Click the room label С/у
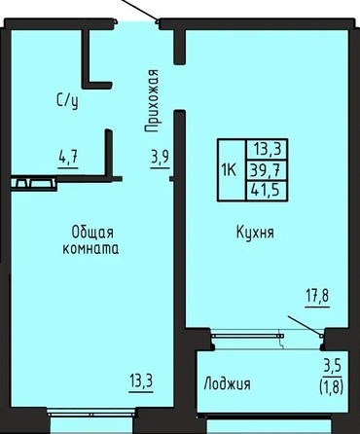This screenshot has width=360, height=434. pos(67,101)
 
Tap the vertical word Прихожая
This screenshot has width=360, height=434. pos(152,101)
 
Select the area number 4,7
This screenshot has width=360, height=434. pos(68,158)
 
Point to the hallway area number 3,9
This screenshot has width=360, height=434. pos(160,158)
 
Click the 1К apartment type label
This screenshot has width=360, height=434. pos(230,170)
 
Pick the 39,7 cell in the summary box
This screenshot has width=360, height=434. pos(266,170)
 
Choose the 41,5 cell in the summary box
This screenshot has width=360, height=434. pos(266,191)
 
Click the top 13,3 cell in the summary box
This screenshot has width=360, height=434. pos(267,150)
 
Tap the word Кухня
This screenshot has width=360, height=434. pos(255,233)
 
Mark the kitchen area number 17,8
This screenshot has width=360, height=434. pos(318,296)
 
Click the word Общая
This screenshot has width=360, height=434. pos(92,233)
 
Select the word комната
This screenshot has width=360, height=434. pos(90,249)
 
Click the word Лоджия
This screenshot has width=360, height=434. pos(227,384)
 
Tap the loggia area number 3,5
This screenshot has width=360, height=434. pos(332,367)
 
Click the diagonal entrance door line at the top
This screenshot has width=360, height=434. pos(139,11)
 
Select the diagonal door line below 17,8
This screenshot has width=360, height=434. pos(305,326)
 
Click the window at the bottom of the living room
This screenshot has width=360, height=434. pos(92,414)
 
